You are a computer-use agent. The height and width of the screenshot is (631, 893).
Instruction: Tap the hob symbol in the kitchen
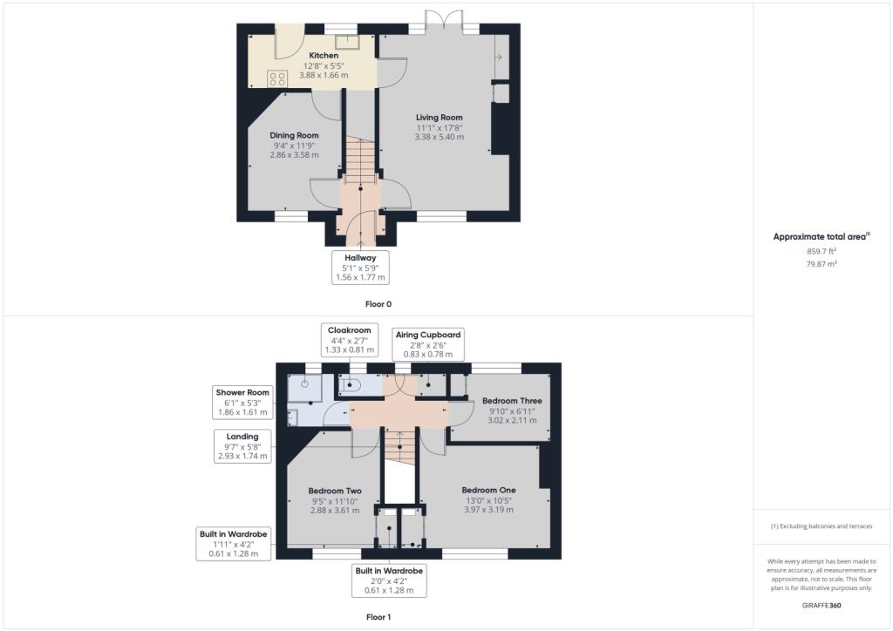coord(277,78)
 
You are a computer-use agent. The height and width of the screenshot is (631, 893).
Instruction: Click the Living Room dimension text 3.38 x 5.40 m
coord(439,137)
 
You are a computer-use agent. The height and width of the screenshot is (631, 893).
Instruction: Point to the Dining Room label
coord(294,135)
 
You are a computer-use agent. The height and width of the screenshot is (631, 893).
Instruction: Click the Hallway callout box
coord(360,268)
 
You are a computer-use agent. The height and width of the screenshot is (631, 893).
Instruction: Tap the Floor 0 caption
coord(378,305)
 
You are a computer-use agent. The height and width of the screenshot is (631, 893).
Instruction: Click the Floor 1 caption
coord(378,617)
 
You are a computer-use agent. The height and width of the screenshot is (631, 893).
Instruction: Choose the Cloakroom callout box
coord(350,340)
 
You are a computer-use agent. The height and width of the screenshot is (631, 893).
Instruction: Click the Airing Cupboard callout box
coord(428,343)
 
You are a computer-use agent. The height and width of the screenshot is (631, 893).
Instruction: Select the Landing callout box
coord(243,445)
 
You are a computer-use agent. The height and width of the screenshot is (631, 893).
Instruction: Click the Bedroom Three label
coord(511,401)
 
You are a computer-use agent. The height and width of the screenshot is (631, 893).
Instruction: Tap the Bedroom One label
coord(488,490)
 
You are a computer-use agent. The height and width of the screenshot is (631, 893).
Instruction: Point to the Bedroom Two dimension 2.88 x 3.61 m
coord(336,510)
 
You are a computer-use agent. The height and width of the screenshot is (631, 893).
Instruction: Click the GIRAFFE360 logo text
coord(821,605)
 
